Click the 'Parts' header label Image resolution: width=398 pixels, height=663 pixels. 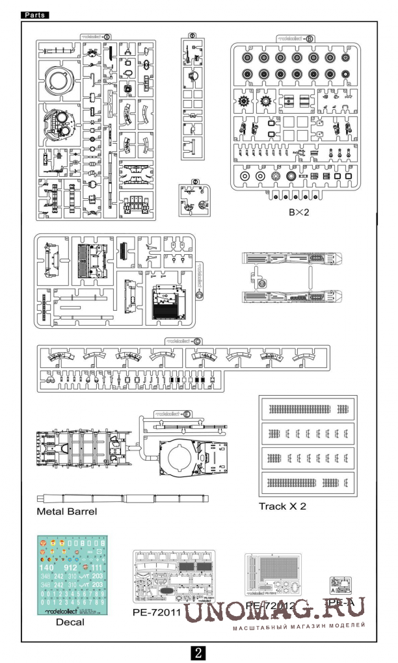pos(36,14)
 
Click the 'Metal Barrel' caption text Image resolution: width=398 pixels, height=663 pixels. pos(67,512)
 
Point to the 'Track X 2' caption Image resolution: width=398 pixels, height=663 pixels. pos(282,506)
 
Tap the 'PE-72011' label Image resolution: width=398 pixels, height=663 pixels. pos(156,612)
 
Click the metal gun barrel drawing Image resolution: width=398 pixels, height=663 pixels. pos(124,499)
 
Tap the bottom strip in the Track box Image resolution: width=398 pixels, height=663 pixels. pos(306,482)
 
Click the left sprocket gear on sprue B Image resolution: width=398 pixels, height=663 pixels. pos(245,101)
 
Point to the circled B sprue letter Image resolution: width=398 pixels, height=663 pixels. pos(310,38)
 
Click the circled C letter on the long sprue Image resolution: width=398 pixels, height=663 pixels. pos(196,341)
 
